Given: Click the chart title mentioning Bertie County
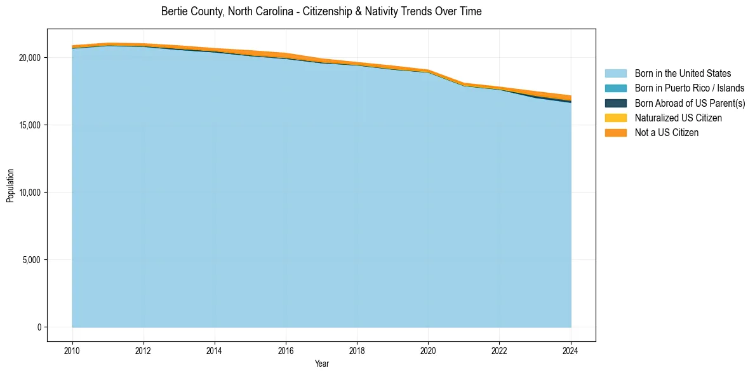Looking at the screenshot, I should [x=321, y=11].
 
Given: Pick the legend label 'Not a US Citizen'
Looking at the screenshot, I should [x=667, y=133].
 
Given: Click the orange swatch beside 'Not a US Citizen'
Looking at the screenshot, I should [x=615, y=133].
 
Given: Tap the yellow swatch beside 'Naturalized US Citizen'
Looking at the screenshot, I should [x=615, y=118].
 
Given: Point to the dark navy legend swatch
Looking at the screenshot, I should [x=615, y=103].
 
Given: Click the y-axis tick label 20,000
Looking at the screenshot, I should [x=30, y=58].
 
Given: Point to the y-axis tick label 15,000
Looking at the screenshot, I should [x=30, y=125].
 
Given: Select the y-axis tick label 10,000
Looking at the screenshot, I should [x=30, y=193].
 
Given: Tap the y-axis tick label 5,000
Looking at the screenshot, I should [x=32, y=260].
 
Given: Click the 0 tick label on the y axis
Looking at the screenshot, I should [x=39, y=327].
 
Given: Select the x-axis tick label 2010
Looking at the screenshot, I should [x=72, y=350].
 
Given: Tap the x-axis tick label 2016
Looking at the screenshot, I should [x=286, y=350].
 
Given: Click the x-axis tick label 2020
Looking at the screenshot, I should [x=428, y=350].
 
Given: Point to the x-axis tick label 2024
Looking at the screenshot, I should [x=571, y=350].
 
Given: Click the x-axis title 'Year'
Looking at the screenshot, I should [x=321, y=364].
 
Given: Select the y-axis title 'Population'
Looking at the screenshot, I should [x=10, y=185].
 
